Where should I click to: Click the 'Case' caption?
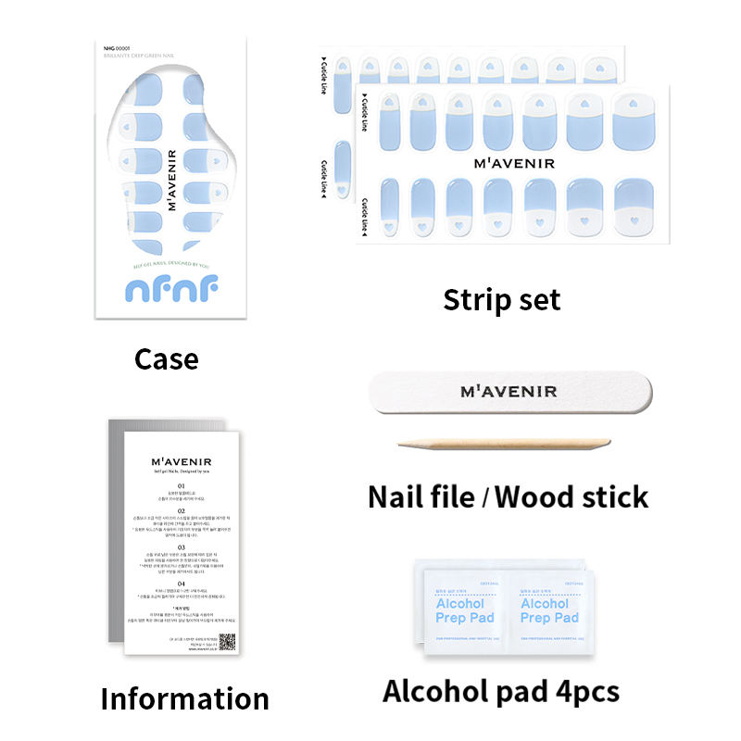166,358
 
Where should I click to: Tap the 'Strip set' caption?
501,299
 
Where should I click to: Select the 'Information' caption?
184,697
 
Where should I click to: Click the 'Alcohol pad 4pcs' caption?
501,691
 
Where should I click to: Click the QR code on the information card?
227,642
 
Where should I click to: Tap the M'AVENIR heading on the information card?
182,458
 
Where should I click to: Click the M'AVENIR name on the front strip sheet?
513,164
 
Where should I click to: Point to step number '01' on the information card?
182,484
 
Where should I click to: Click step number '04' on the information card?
182,584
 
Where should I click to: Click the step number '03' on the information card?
182,547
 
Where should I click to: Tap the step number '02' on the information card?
182,510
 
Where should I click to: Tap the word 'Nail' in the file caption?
400,496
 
